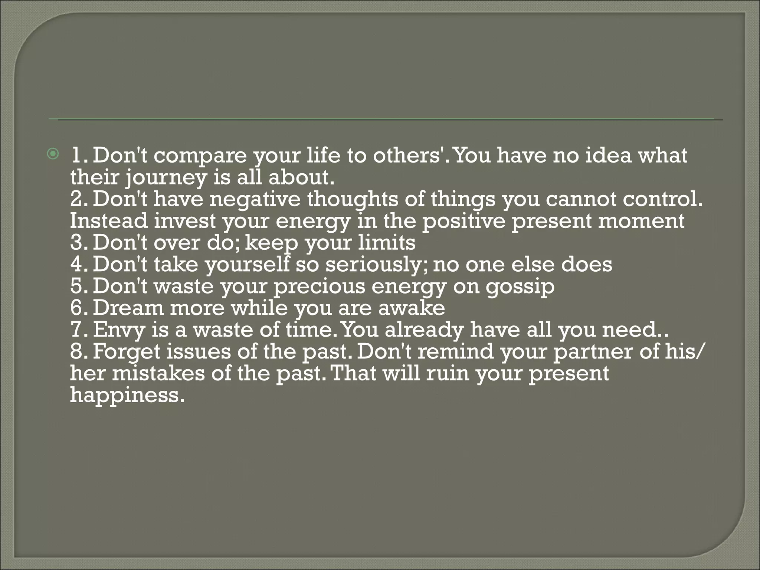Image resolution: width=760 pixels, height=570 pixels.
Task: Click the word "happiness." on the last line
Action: (x=127, y=395)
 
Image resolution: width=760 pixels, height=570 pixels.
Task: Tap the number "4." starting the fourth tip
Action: (x=79, y=265)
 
